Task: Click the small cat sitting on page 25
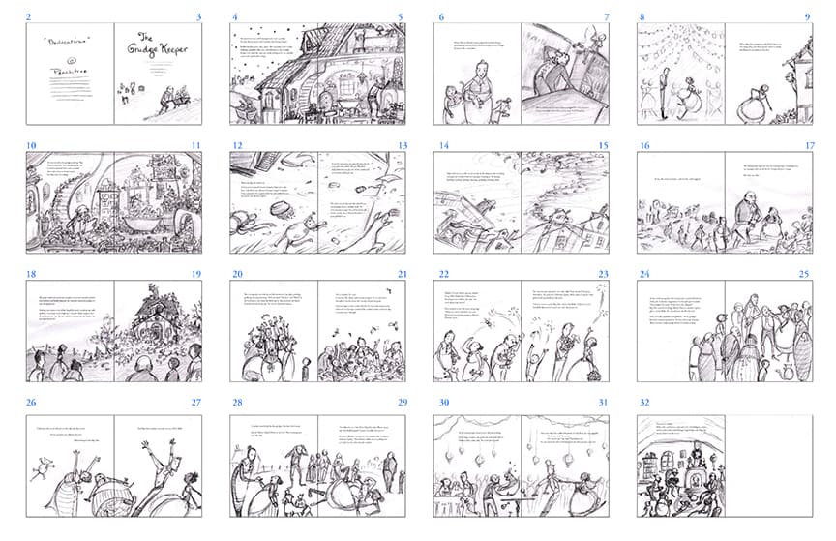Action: click(x=786, y=371)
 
